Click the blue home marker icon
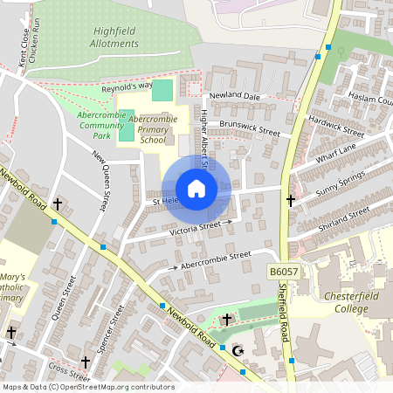[196, 188]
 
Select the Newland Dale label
[234, 95]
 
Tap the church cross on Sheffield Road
[291, 201]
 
